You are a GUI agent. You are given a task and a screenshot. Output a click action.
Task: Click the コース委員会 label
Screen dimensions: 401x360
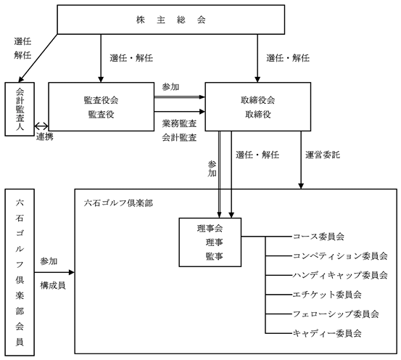coord(318,237)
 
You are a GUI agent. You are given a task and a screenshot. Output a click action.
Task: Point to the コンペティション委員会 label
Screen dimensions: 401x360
coord(340,255)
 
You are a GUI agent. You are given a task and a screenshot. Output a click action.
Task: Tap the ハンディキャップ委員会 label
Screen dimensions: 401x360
coord(340,275)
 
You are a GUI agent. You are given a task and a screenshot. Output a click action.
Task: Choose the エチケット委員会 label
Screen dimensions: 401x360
coord(327,295)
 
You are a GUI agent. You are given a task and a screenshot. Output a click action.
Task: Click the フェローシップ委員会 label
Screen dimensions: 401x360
coord(336,314)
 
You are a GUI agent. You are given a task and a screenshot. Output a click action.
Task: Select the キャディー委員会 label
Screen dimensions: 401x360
coord(327,333)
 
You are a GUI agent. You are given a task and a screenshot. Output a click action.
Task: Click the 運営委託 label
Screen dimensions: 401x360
coord(323,155)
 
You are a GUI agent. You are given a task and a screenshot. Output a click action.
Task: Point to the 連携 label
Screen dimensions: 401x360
coord(45,136)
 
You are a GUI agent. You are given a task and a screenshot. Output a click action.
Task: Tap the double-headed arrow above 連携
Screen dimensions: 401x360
coord(41,126)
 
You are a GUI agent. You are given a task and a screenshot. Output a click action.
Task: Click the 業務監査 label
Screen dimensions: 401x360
coord(179,123)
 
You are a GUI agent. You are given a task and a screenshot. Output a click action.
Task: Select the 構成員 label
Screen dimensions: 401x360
coord(53,285)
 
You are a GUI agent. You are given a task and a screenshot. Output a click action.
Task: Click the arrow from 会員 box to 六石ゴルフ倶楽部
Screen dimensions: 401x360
coord(54,272)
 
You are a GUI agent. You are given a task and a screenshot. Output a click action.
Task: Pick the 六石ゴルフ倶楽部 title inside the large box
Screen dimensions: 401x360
coord(118,203)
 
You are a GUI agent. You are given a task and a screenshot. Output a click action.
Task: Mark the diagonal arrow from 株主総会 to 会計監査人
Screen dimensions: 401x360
coord(38,58)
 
